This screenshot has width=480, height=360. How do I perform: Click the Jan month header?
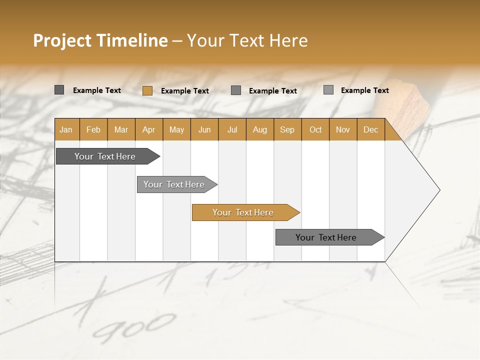click(66, 129)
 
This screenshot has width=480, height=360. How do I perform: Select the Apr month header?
click(148, 129)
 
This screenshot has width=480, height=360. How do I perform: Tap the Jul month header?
click(232, 129)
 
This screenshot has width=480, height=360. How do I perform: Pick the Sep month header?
click(287, 129)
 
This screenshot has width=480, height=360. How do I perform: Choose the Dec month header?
click(370, 129)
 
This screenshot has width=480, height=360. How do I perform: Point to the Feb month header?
click(93, 129)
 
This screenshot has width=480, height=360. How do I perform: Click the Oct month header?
click(315, 129)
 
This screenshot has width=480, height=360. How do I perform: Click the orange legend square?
click(147, 90)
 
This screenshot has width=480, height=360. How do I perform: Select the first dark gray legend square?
click(59, 90)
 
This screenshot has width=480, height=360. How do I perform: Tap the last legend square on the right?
click(328, 90)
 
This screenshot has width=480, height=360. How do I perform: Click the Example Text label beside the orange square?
click(185, 91)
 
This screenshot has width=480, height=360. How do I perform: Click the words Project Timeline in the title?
click(100, 40)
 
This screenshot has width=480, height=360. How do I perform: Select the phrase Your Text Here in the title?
click(247, 40)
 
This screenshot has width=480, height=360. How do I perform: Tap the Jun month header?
click(204, 129)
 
